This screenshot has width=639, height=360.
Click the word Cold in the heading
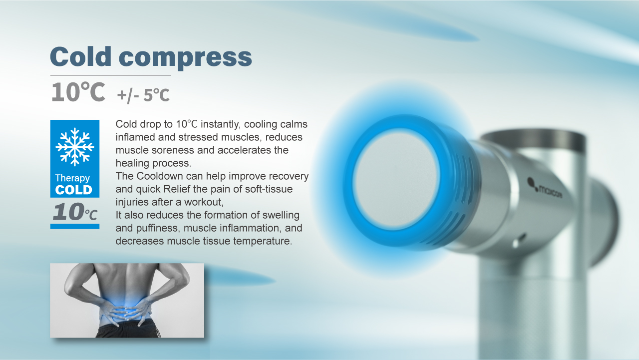click(x=81, y=56)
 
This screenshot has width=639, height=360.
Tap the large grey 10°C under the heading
click(x=78, y=91)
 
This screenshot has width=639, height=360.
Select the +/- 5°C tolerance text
click(x=143, y=95)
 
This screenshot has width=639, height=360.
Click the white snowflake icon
click(x=75, y=147)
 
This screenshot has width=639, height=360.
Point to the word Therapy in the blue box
click(x=72, y=178)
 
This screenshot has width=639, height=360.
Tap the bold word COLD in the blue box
click(x=73, y=190)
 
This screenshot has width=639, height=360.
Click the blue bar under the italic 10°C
click(x=75, y=226)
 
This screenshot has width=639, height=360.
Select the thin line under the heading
click(x=110, y=75)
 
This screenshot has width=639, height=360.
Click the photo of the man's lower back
click(x=127, y=301)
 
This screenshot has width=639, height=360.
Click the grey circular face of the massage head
click(x=396, y=180)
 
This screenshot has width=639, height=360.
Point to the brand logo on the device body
click(x=544, y=189)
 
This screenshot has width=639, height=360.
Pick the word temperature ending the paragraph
click(x=263, y=241)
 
